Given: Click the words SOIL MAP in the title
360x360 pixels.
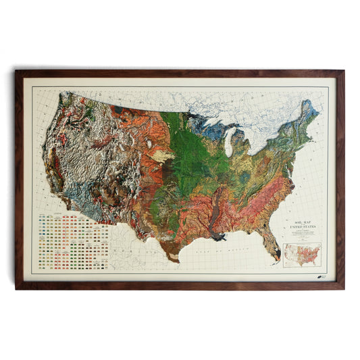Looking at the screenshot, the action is [x=297, y=224].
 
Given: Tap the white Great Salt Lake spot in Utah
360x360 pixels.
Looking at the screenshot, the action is [x=148, y=143].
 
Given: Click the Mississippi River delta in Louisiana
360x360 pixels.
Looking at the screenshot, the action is [x=220, y=237].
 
